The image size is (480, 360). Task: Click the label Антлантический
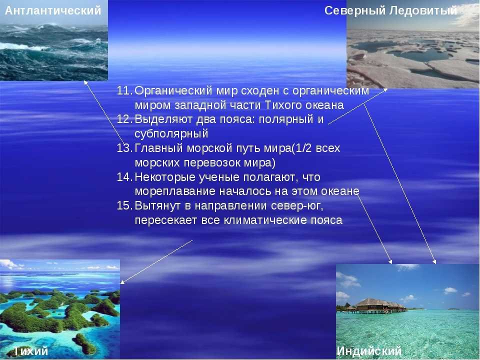click(53, 10)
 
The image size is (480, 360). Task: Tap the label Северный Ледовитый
click(391, 10)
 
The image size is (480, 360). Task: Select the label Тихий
click(31, 351)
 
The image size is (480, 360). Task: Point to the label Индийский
click(369, 351)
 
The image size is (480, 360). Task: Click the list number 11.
click(124, 90)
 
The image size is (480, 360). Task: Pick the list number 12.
click(124, 119)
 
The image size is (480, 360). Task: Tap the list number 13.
click(124, 148)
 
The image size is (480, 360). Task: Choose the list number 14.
click(124, 177)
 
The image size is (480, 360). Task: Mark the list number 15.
click(124, 205)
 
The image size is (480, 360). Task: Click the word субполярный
click(171, 134)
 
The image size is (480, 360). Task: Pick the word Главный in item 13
click(158, 148)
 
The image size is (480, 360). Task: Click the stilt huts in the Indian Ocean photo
click(376, 306)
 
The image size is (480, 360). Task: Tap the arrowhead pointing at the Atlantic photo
click(85, 82)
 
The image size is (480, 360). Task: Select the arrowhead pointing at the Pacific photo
click(122, 282)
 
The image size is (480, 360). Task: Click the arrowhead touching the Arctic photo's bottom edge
click(385, 89)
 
